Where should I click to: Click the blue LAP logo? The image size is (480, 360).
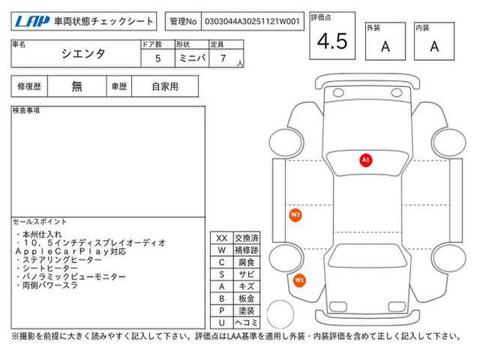pos(32,22)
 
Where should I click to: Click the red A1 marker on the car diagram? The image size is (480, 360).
pos(366,160)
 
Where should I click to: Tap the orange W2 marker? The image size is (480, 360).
pos(295,214)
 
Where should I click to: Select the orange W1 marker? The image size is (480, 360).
pos(299,280)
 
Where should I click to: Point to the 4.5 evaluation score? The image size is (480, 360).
pos(332,41)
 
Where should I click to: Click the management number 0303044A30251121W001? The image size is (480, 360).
pos(252,22)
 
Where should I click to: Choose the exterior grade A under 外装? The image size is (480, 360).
pos(385,46)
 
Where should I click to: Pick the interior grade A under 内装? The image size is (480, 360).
pos(434,46)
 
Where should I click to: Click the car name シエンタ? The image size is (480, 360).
pos(83,54)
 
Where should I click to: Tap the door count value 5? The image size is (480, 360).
pos(158,58)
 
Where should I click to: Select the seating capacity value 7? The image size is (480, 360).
pos(223,58)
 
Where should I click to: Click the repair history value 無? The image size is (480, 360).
pos(76,86)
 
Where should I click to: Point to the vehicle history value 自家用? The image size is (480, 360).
pos(165,87)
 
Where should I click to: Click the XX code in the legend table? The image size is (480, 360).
pos(222,238)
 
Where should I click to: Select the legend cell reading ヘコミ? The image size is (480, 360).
pos(247,322)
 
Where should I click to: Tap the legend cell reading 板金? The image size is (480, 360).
pos(247,298)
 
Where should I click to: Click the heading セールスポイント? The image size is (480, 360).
pos(40,222)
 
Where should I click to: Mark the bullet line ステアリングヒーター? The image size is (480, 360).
pos(58,260)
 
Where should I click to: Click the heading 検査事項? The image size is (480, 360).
pos(26,110)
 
